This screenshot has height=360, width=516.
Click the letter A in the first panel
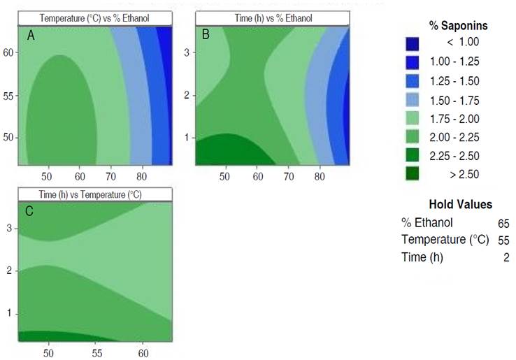click(31, 35)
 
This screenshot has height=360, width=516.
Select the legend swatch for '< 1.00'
click(413, 44)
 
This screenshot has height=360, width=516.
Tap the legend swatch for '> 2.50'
click(413, 174)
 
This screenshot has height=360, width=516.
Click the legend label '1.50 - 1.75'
click(459, 100)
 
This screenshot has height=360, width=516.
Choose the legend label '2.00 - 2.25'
click(459, 137)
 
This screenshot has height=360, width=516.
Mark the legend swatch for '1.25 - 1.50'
click(413, 81)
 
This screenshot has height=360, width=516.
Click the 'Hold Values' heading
click(459, 205)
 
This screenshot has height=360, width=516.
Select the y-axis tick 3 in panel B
click(187, 52)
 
